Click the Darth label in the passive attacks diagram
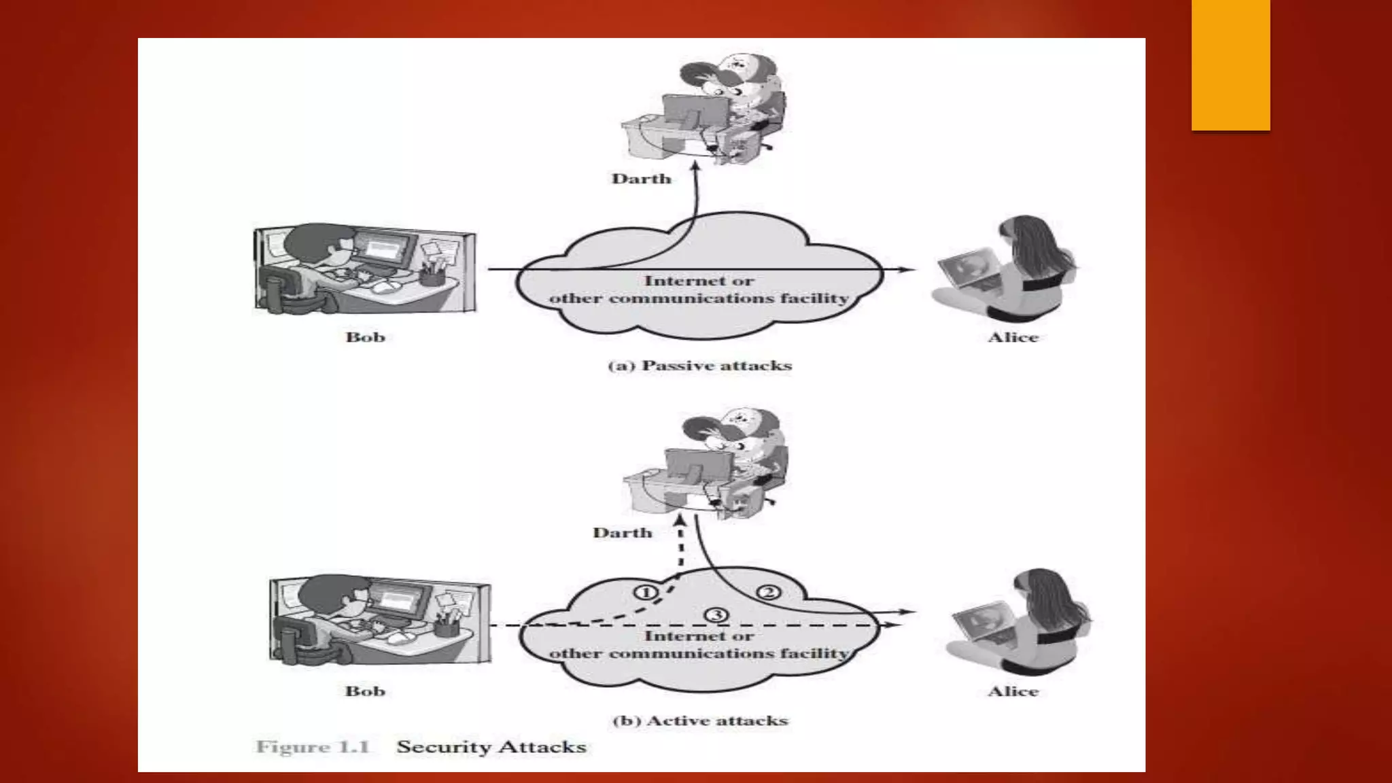click(641, 179)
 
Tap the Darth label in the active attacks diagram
click(622, 533)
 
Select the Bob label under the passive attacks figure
click(365, 337)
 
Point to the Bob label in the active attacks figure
click(365, 691)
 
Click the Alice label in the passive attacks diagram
click(1013, 337)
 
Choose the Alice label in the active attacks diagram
click(1013, 691)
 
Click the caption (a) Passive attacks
click(699, 366)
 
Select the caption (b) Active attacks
click(699, 720)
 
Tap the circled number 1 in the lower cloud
click(646, 592)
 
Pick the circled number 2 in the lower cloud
click(769, 593)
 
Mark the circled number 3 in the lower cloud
click(716, 615)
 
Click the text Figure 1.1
click(313, 747)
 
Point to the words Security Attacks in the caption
click(491, 747)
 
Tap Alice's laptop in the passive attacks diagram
click(969, 269)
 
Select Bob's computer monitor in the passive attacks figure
click(385, 249)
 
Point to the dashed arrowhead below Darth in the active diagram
click(679, 521)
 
